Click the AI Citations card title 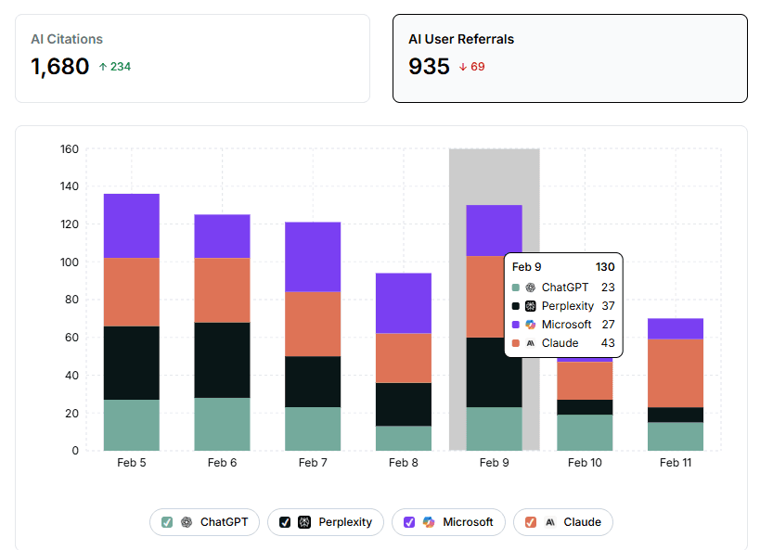[67, 39]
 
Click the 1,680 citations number [60, 67]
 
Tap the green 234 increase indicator [114, 67]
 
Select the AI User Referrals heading [461, 39]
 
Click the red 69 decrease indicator [471, 67]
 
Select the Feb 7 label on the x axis [313, 462]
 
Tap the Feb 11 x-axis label [675, 462]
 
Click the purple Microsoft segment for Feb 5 [132, 225]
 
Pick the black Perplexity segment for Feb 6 [222, 360]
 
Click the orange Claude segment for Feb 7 [313, 324]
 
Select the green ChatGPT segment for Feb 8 [404, 438]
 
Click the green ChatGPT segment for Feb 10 [585, 432]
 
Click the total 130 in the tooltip [604, 267]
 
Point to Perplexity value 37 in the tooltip [607, 306]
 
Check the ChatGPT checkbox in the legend [167, 522]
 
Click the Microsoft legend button [448, 522]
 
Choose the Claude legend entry [562, 522]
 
